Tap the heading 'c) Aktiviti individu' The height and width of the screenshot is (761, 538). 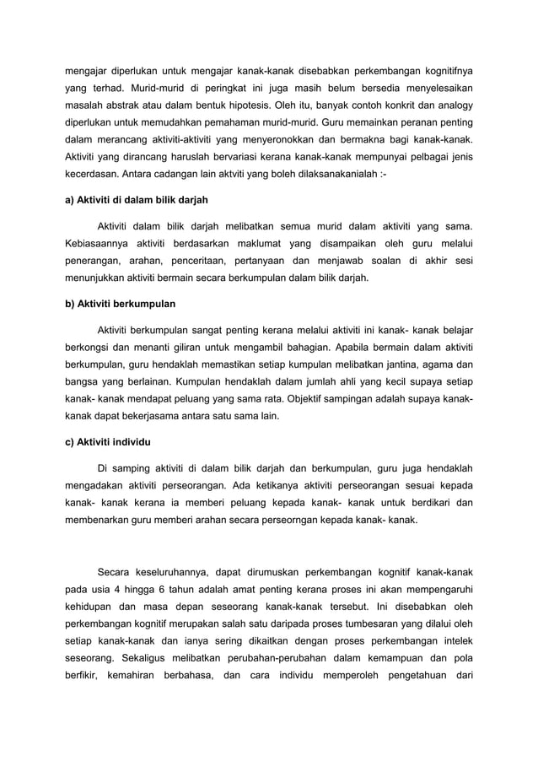point(110,443)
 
